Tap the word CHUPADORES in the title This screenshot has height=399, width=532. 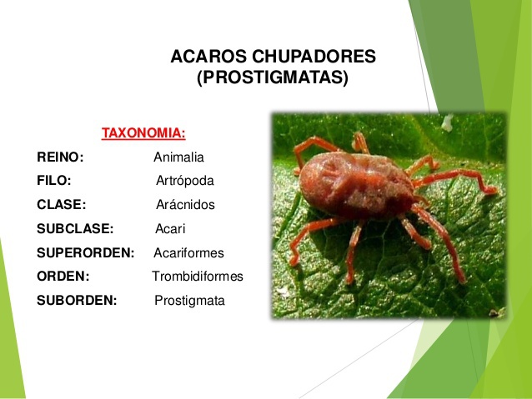[314, 57]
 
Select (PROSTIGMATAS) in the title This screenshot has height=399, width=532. [273, 77]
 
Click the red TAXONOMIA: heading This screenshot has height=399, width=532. [143, 133]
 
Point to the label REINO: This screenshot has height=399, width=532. [60, 157]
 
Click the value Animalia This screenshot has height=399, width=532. [178, 157]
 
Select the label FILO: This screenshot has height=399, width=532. [54, 181]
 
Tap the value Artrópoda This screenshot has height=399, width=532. [185, 181]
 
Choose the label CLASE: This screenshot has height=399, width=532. [62, 205]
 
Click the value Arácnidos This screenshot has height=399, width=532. [185, 205]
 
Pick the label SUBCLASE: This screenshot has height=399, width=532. [75, 229]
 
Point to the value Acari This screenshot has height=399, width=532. [170, 229]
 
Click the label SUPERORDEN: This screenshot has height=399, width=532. [86, 253]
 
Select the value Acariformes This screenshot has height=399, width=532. [188, 253]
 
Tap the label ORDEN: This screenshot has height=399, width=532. [63, 277]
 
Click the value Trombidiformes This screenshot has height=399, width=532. [198, 277]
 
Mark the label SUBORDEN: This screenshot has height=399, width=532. [77, 301]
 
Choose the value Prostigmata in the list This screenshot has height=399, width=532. [189, 301]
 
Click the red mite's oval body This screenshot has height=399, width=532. [356, 186]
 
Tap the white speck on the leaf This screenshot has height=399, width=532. [448, 122]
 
